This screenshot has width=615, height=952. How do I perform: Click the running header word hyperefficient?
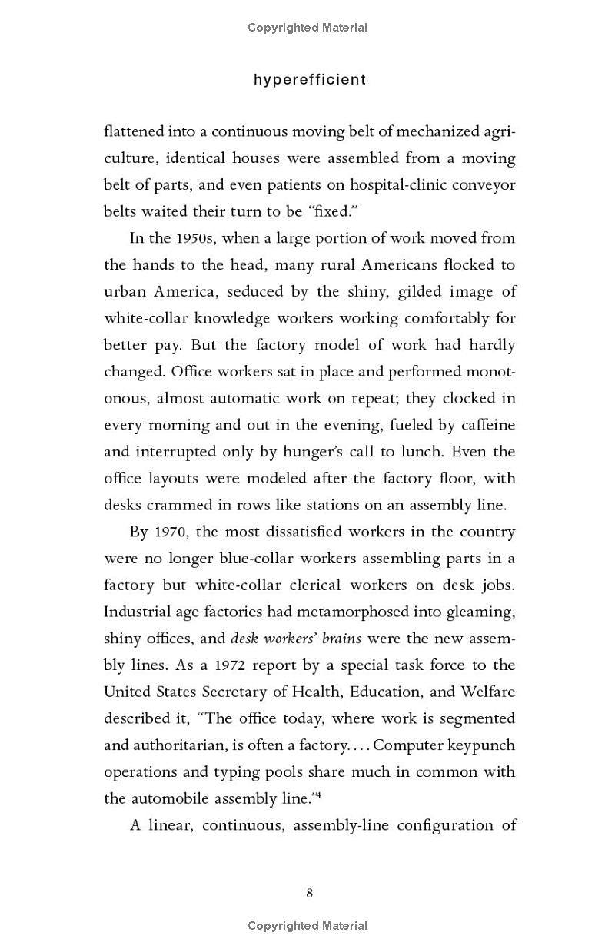coord(309,80)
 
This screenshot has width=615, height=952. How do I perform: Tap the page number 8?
coord(309,893)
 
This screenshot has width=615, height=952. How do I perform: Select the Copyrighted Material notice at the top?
coord(307,28)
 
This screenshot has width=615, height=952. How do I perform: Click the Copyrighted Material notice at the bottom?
coord(307,926)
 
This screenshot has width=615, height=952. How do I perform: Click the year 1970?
coord(171,532)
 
